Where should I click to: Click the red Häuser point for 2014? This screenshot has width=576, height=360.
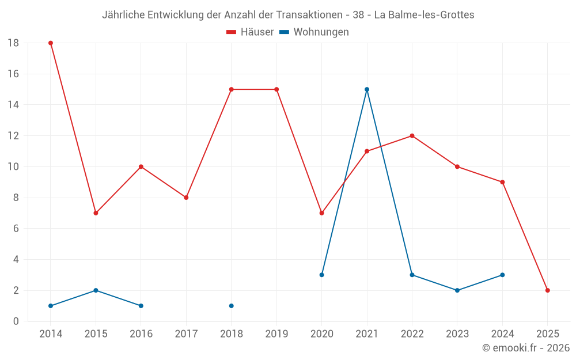click(x=51, y=43)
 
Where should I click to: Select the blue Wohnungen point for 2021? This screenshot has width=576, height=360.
click(x=367, y=89)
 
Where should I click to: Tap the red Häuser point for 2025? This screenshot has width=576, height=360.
click(x=548, y=290)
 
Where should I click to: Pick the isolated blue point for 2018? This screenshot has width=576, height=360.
click(x=232, y=306)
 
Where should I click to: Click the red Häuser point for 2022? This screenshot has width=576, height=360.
click(x=412, y=136)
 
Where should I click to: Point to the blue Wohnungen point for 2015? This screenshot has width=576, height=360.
click(x=96, y=290)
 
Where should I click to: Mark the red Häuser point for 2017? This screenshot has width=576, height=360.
click(x=186, y=198)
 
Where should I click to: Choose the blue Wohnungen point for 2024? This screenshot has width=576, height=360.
click(x=502, y=275)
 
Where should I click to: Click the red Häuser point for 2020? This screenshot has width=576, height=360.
click(x=321, y=213)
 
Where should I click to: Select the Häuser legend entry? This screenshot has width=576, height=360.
click(x=250, y=32)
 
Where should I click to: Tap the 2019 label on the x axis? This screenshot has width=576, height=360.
click(x=276, y=334)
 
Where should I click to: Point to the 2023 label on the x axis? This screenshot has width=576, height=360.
click(x=457, y=334)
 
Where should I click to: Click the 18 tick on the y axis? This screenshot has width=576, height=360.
click(x=13, y=43)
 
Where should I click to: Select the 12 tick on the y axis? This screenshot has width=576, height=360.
click(x=13, y=136)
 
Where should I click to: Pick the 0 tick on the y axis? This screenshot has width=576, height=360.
click(x=16, y=321)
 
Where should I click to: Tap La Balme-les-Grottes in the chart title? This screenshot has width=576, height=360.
click(x=424, y=15)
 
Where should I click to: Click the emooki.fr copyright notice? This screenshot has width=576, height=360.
click(x=526, y=348)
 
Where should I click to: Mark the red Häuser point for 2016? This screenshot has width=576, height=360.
click(x=141, y=167)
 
